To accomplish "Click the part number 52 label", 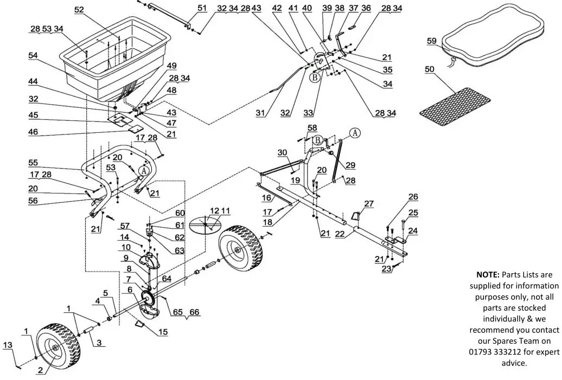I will pos(79,10).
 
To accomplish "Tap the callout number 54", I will pos(34,56).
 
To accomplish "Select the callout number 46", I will pos(34,131).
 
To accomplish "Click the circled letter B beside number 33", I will pos(314,78).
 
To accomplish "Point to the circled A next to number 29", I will pos(355,132).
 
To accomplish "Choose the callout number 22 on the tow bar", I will pos(340,234).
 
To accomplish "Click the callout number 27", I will pos(369,203).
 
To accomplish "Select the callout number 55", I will pos(34,163).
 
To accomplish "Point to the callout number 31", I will pos(261,113).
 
